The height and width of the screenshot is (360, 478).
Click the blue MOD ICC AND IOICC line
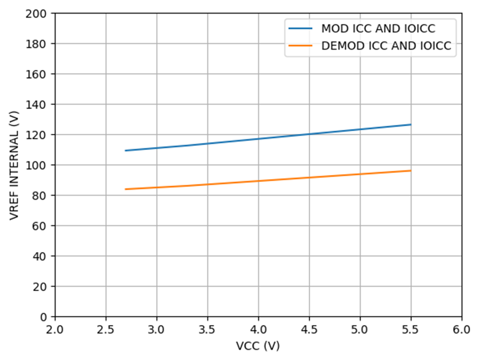coord(258,138)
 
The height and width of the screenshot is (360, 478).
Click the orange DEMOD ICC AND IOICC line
coord(258,181)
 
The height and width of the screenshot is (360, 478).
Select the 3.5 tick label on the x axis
coord(207,329)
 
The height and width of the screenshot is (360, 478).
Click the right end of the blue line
coord(411,124)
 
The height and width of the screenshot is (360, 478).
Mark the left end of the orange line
coord(125,189)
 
